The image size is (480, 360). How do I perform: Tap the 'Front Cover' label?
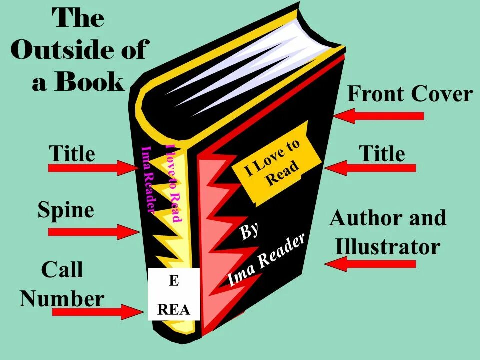[x=409, y=94]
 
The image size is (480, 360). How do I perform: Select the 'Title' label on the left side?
[x=72, y=153]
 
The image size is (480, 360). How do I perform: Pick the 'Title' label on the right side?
[x=382, y=153]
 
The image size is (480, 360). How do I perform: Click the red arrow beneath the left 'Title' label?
[x=92, y=168]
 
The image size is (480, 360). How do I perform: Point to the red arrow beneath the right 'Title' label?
[x=370, y=168]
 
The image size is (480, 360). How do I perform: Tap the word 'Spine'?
[x=66, y=210]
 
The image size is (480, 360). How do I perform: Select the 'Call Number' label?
[x=62, y=285]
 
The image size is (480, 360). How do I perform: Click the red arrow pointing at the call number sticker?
[x=95, y=312]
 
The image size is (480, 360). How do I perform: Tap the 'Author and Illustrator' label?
[x=388, y=232]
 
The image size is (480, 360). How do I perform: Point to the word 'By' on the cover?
[x=250, y=231]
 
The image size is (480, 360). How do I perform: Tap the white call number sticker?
[x=174, y=294]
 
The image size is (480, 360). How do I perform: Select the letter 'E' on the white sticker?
[x=174, y=281]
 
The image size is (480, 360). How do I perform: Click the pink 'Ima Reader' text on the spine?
[x=148, y=180]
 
